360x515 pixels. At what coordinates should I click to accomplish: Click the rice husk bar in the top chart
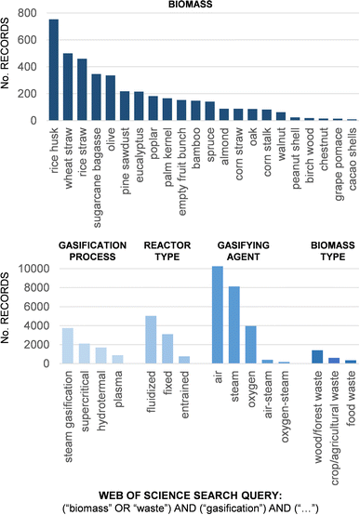tap(53, 70)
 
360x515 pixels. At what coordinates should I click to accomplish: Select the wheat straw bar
tap(68, 87)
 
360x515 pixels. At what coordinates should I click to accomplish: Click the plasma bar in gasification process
tap(117, 359)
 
